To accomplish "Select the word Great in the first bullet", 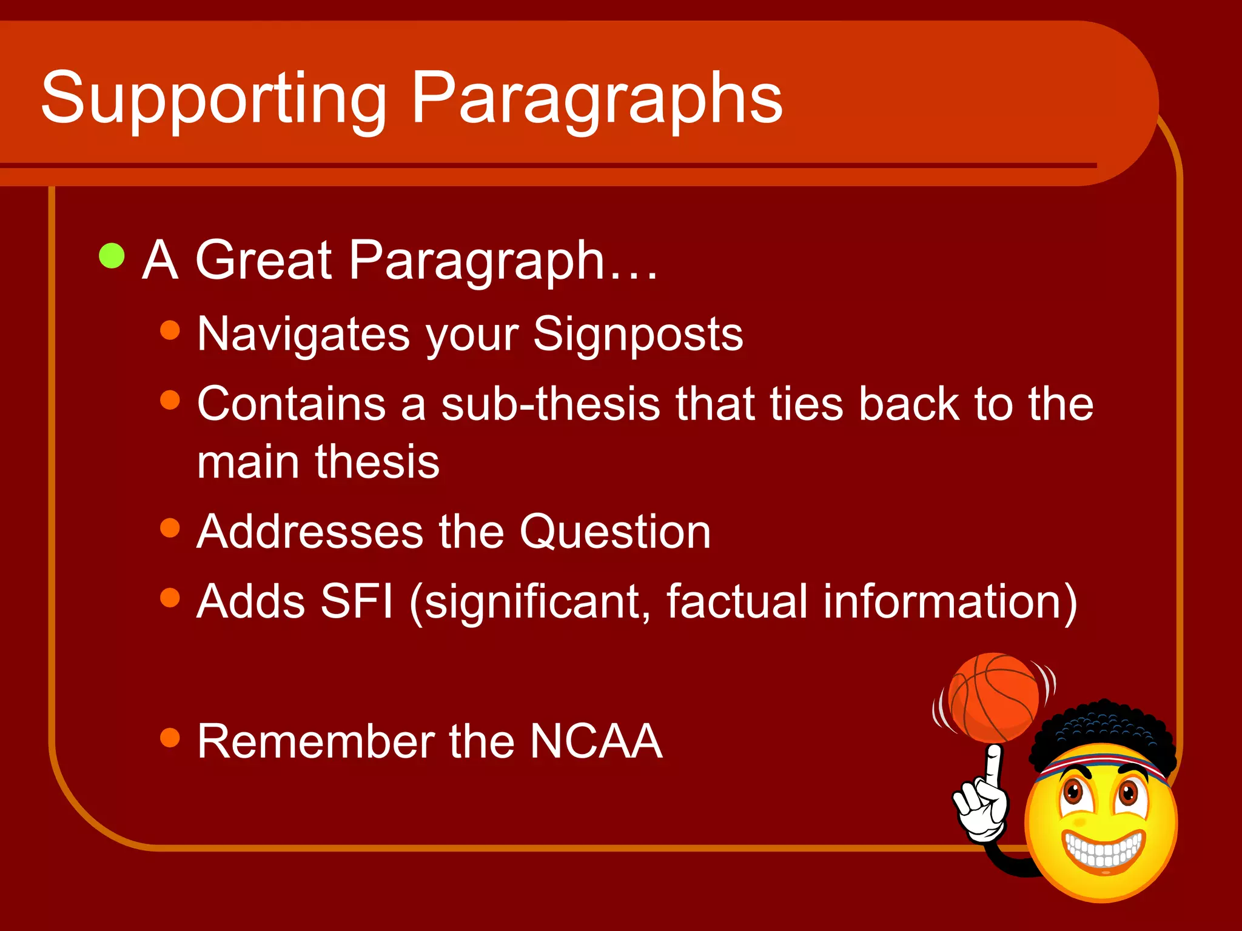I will pos(264,261).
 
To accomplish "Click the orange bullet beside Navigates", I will pos(170,330).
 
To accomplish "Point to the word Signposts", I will pos(637,335).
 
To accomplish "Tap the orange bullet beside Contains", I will pos(170,400).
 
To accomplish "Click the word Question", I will pos(615,532).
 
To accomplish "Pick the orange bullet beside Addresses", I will pos(170,528).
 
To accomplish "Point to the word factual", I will pos(736,602).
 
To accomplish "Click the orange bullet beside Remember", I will pos(170,738).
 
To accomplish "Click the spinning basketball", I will pos(994,698).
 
